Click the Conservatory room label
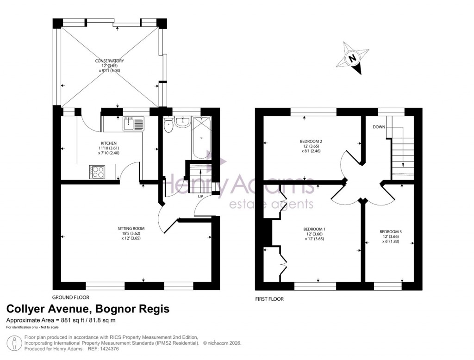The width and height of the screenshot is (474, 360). (x=109, y=61)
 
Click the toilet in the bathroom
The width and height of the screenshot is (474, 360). (x=168, y=124)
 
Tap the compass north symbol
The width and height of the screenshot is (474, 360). (x=353, y=58)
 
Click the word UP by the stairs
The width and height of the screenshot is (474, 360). (x=201, y=197)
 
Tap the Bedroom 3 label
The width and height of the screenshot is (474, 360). (x=389, y=231)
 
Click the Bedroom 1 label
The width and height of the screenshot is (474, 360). (x=314, y=229)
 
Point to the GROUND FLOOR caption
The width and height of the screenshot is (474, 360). (x=70, y=298)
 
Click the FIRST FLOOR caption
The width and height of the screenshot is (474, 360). (x=269, y=299)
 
